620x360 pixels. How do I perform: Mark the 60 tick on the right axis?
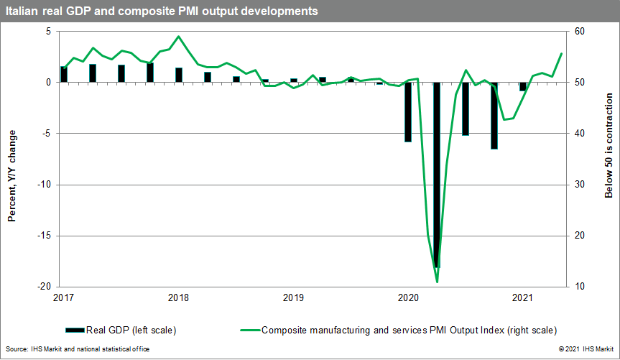(578, 32)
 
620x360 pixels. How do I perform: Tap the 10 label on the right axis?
(578, 287)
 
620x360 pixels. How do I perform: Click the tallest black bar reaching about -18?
(437, 175)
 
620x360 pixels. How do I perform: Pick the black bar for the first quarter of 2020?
(408, 111)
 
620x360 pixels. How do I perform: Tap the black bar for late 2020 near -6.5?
(494, 115)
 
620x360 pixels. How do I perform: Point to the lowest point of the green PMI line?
(437, 282)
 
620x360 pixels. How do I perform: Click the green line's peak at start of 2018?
(178, 37)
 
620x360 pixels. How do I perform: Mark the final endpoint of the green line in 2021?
(561, 54)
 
